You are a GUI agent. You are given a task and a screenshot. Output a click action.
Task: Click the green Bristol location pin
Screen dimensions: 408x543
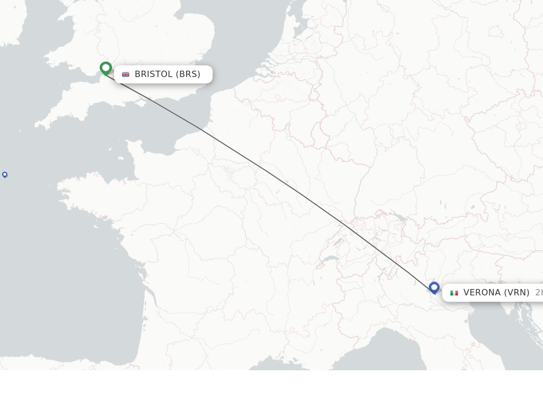tap(106, 68)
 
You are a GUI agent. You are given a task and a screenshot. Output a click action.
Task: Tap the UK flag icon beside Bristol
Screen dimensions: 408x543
tap(126, 74)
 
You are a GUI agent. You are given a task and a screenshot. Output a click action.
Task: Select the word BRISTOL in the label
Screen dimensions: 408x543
tap(154, 74)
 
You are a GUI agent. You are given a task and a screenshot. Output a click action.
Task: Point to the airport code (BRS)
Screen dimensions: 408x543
tap(188, 74)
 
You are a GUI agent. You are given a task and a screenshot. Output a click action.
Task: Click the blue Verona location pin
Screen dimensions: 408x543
tap(434, 287)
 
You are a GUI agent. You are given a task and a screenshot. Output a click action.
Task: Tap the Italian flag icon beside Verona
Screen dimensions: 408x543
tap(454, 293)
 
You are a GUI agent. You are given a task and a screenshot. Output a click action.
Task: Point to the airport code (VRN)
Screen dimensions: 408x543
tap(516, 293)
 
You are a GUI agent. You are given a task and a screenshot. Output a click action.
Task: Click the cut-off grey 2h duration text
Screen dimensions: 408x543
tap(539, 293)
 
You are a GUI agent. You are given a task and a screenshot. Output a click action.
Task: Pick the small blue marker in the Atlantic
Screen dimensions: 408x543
tap(5, 174)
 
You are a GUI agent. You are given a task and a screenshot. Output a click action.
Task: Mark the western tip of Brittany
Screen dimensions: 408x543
tap(59, 188)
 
